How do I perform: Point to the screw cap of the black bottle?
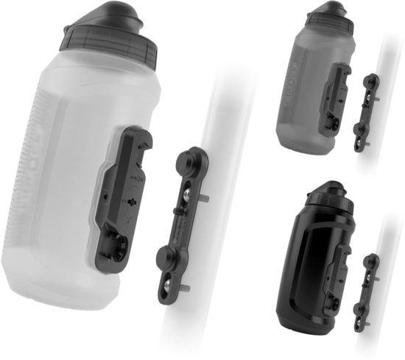pyautogui.click(x=325, y=203)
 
